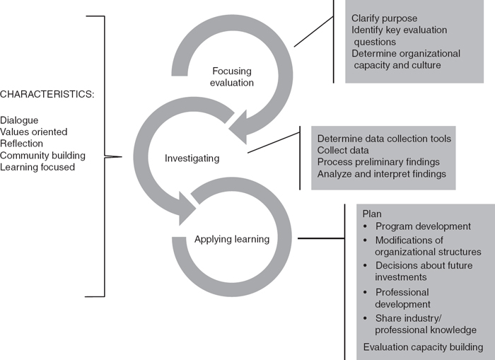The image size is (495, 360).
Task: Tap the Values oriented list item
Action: tap(35, 132)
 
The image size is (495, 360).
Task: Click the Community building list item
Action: tap(43, 155)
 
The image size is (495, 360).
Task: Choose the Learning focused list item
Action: tap(37, 166)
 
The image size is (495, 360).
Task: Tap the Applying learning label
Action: tap(232, 239)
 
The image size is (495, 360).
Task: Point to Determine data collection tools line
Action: tap(384, 138)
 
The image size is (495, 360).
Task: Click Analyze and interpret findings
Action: tap(383, 173)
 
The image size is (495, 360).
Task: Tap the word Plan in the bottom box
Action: tap(371, 213)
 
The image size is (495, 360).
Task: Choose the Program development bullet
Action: tap(423, 226)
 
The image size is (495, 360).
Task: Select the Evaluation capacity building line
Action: tap(423, 347)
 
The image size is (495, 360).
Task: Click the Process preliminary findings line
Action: tap(378, 162)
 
